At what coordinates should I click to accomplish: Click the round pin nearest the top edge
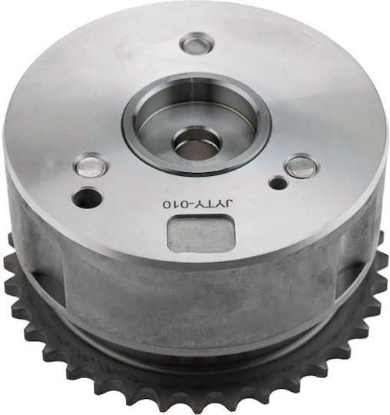[x=197, y=43]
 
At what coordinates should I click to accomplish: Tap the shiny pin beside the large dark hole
[x=91, y=166]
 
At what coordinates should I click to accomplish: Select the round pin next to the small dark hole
[x=302, y=167]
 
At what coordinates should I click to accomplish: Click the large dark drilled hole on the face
[x=88, y=198]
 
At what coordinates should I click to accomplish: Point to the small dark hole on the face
[x=278, y=183]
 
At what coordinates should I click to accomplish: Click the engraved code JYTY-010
[x=198, y=204]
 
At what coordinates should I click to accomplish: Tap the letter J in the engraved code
[x=230, y=204]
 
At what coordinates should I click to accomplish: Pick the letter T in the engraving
[x=210, y=204]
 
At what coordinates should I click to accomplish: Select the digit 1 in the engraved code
[x=175, y=204]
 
